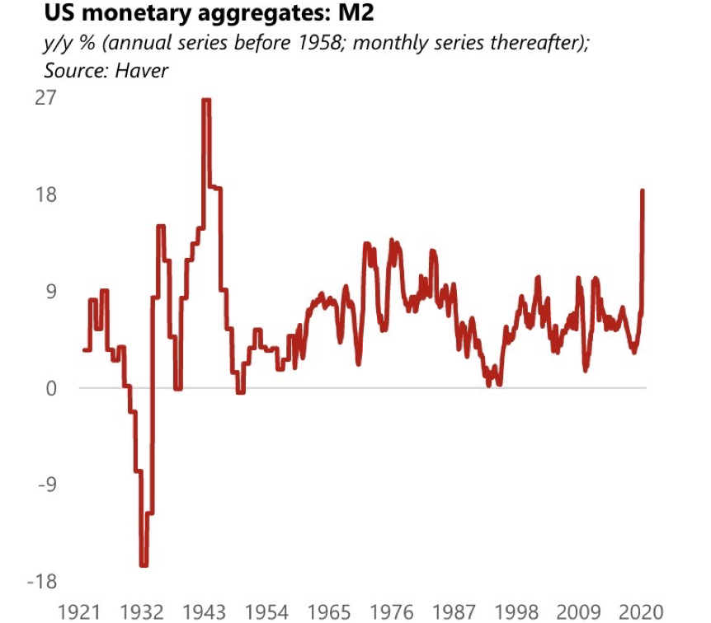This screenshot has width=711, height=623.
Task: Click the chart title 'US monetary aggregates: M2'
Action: coord(188,14)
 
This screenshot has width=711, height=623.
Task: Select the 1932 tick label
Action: coord(144,612)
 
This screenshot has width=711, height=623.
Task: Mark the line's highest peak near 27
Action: coord(206,100)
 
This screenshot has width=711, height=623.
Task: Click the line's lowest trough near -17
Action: coord(144,565)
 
